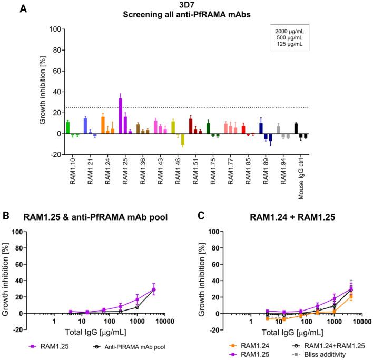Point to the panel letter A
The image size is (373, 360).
(x=23, y=9)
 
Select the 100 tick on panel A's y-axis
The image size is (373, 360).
(x=52, y=29)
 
